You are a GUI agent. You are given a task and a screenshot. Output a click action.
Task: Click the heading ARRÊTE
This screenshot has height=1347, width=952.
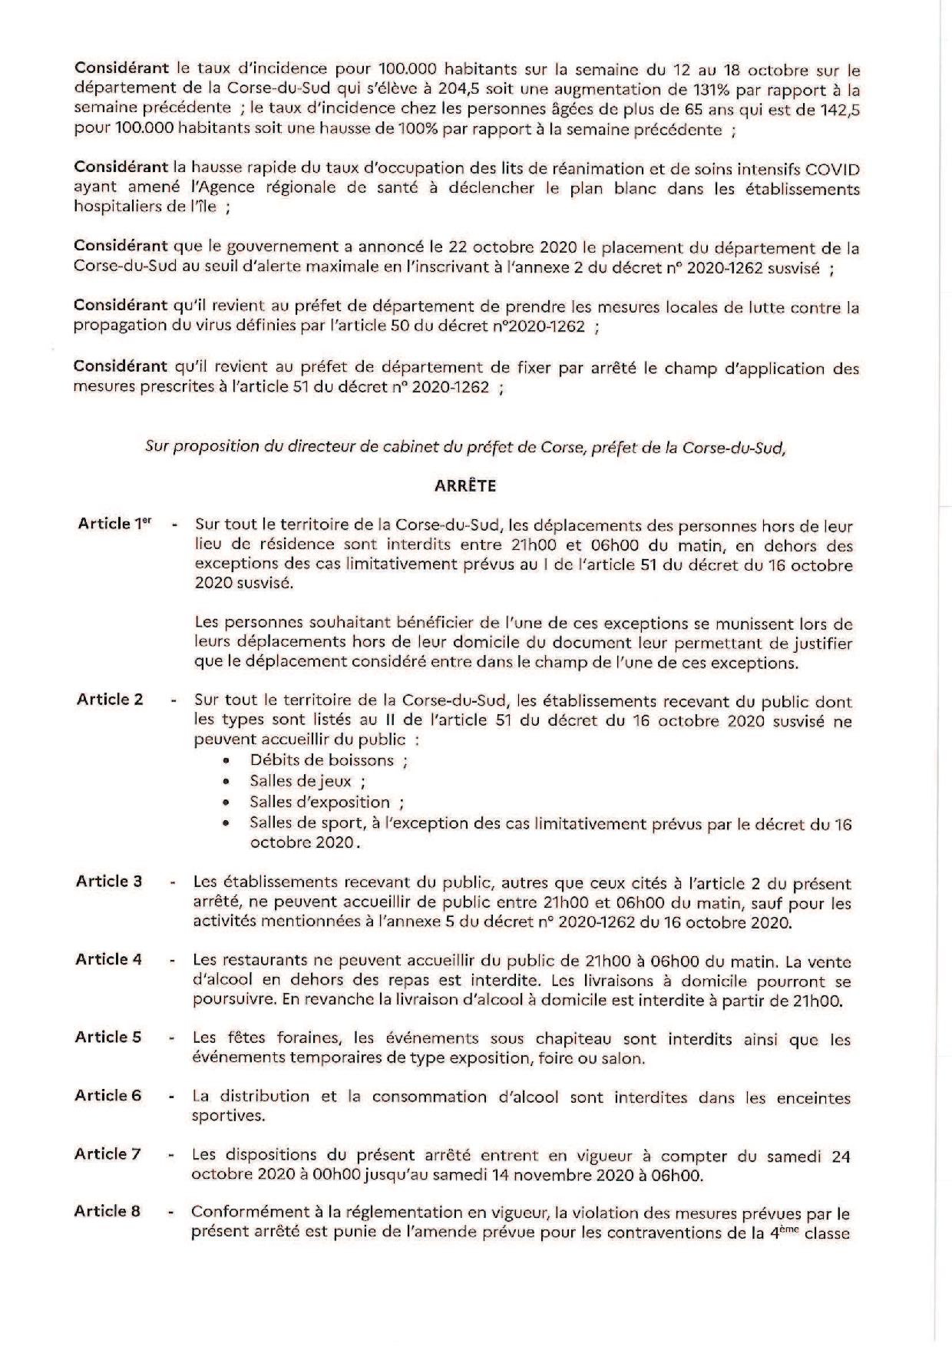pos(465,485)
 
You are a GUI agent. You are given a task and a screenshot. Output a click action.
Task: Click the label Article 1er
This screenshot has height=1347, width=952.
pos(114,524)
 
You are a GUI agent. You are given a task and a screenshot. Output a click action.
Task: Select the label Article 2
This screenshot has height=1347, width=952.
pos(110,700)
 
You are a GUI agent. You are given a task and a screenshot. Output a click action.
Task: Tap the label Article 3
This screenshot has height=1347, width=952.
pos(109,882)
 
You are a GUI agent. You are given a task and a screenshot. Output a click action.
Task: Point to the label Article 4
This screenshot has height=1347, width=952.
pos(109,959)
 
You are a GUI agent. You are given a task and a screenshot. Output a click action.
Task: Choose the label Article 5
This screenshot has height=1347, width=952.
pos(108,1038)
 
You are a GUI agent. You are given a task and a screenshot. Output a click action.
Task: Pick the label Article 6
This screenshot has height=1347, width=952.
pos(108,1096)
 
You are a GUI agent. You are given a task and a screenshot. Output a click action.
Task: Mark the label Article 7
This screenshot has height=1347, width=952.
pos(108,1154)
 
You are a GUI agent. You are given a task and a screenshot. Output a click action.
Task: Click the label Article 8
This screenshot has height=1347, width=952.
pos(107,1212)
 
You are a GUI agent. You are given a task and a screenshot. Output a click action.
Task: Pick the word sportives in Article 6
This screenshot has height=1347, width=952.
pos(228,1116)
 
